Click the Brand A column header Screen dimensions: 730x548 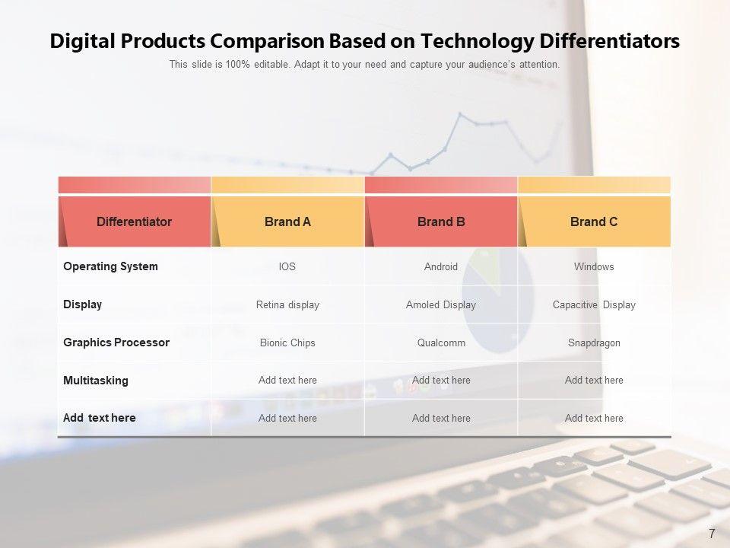[x=287, y=221]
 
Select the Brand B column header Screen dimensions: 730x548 [x=441, y=221]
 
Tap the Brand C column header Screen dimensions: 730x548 [x=594, y=221]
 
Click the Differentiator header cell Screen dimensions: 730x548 [x=134, y=221]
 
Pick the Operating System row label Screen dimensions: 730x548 [x=110, y=266]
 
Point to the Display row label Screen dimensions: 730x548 [x=82, y=304]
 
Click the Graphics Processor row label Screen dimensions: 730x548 [x=116, y=342]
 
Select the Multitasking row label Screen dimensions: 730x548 [x=96, y=381]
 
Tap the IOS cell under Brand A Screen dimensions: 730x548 [x=287, y=266]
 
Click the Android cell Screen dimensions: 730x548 [x=441, y=266]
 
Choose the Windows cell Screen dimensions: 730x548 [x=594, y=266]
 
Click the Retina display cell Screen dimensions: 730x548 [x=287, y=304]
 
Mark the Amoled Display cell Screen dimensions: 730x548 [x=441, y=304]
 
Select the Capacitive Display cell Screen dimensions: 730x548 [x=594, y=304]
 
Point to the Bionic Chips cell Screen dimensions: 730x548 [x=287, y=343]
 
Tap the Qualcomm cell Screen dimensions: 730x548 [x=441, y=343]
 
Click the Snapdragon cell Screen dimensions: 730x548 [x=594, y=343]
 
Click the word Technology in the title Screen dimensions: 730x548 [x=478, y=41]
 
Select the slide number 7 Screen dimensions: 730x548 [x=712, y=534]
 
